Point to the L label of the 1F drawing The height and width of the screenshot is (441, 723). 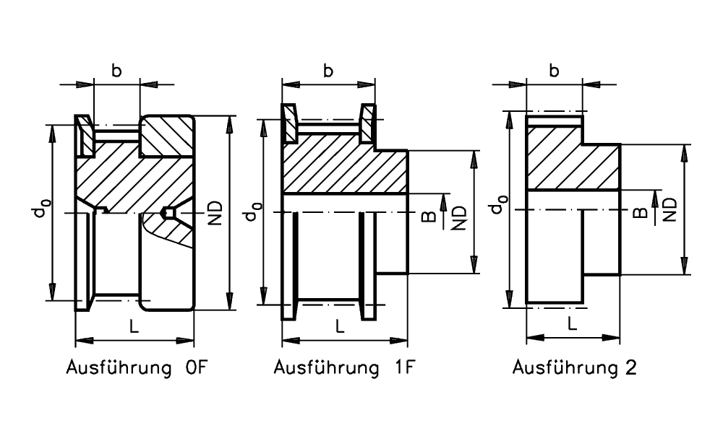tap(340, 326)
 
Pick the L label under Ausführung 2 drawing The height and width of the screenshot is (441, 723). tap(572, 324)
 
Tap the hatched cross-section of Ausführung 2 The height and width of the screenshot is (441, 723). tap(571, 159)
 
